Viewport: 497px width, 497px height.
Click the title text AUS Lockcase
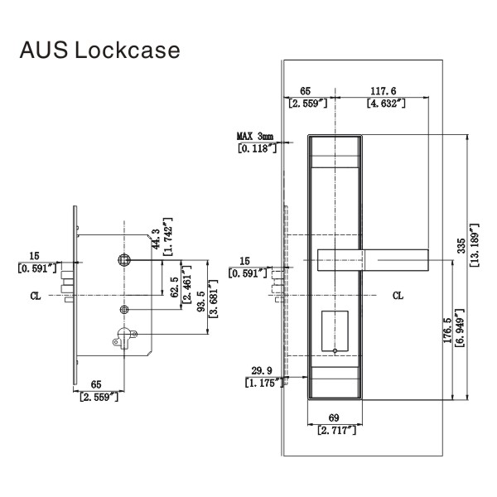(x=99, y=51)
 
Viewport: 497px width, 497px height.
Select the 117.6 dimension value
(x=383, y=91)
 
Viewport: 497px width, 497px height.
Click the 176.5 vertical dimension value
(x=447, y=329)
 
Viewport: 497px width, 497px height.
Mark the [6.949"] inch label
(x=460, y=329)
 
